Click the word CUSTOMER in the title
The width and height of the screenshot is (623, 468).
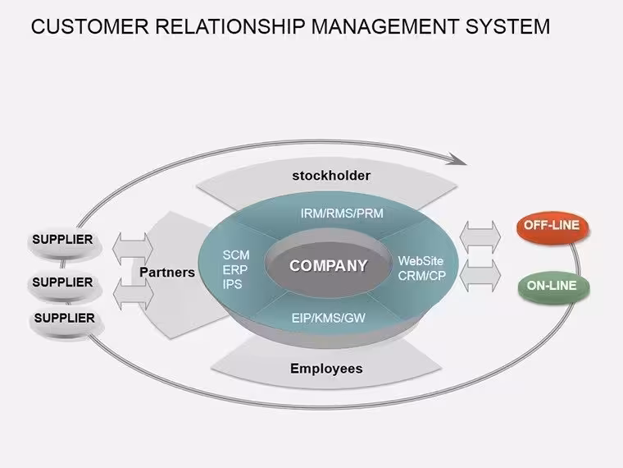click(x=90, y=26)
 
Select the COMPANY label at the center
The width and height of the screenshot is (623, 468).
click(x=328, y=266)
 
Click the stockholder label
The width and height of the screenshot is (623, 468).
click(x=331, y=176)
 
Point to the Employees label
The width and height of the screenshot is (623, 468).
click(x=326, y=369)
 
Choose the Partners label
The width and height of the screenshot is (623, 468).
click(x=167, y=273)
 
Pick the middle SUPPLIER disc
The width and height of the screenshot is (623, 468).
click(x=64, y=286)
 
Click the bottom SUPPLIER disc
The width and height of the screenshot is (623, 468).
click(x=66, y=322)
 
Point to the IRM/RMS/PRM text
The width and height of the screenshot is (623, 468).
click(x=342, y=213)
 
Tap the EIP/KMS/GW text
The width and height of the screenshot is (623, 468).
click(x=328, y=318)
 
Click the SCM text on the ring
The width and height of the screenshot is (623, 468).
click(x=235, y=255)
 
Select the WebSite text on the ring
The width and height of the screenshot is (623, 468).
click(x=421, y=261)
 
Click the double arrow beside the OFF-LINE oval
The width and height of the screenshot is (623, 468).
click(x=480, y=237)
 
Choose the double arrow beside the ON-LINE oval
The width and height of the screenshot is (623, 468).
click(x=480, y=275)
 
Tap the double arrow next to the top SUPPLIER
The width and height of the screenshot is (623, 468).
click(x=132, y=249)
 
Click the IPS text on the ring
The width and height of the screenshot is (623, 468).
click(x=232, y=285)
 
